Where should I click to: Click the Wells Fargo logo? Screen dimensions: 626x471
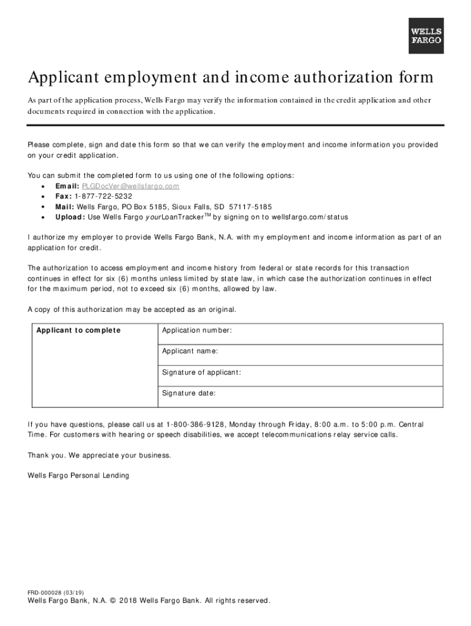click(x=426, y=36)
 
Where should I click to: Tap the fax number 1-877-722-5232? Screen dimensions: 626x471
click(x=103, y=196)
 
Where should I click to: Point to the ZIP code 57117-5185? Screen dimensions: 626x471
click(x=250, y=207)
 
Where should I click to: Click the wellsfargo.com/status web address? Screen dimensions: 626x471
click(x=310, y=217)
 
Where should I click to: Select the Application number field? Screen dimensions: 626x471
click(x=300, y=334)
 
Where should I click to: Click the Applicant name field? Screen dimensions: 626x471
click(x=300, y=355)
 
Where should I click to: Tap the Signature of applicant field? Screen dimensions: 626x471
click(x=300, y=375)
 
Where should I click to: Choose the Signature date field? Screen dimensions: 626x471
click(x=300, y=396)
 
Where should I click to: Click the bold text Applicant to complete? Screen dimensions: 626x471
click(x=78, y=331)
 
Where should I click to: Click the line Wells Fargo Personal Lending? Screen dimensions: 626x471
click(x=78, y=476)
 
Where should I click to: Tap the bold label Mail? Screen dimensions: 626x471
click(x=65, y=207)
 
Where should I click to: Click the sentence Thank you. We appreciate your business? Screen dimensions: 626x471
click(x=99, y=455)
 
